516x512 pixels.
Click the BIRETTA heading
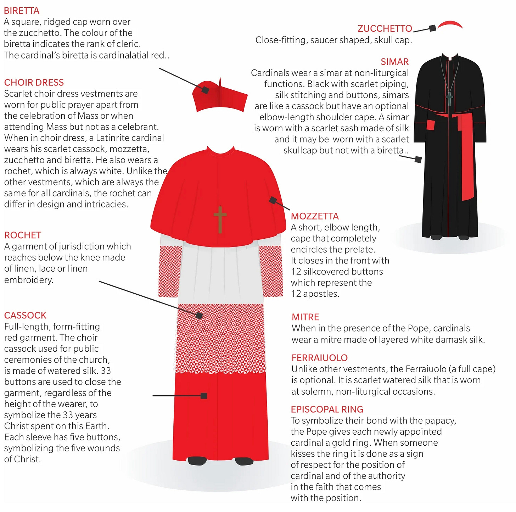point(22,11)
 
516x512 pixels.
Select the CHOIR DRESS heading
point(34,83)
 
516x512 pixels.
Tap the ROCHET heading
point(23,235)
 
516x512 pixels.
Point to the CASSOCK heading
point(25,315)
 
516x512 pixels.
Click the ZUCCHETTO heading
point(385,28)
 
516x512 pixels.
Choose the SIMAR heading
point(394,62)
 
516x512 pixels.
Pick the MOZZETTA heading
point(315,216)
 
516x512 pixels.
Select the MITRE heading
point(305,317)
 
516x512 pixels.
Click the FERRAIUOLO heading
point(319,358)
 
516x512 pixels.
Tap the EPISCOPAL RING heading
point(327,409)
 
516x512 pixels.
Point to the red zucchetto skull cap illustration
point(450,24)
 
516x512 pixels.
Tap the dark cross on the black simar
point(449,99)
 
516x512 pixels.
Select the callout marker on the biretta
point(205,90)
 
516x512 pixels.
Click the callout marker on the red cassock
point(204,396)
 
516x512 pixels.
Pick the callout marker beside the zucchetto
point(432,28)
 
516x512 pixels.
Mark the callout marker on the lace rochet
point(199,316)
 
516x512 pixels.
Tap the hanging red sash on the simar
point(467,160)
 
